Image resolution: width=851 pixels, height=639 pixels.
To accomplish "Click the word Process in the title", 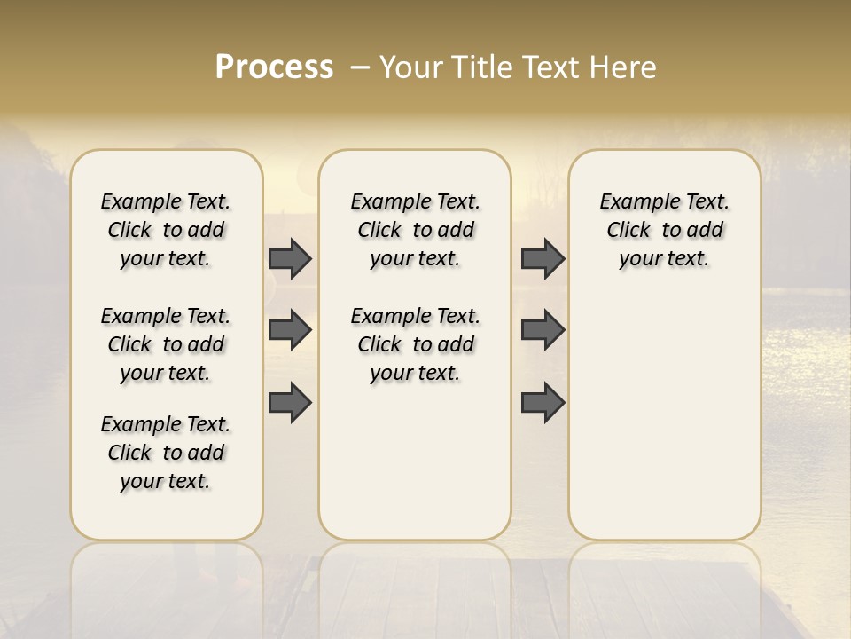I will click(x=274, y=67).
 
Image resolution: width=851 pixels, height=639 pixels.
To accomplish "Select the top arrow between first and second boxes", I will click(x=290, y=259).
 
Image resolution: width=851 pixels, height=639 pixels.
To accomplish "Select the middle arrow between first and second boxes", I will click(x=290, y=331).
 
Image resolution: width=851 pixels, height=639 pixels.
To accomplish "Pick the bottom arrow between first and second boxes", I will click(x=290, y=403).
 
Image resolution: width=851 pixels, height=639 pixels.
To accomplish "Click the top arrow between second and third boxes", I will click(x=543, y=259).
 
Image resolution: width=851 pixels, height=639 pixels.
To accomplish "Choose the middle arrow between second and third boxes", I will click(x=543, y=331).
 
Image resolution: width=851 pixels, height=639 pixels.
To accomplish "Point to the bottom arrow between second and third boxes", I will click(x=543, y=403).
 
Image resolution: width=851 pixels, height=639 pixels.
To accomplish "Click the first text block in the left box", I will click(x=166, y=230).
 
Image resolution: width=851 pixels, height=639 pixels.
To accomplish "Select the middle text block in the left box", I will click(x=166, y=344).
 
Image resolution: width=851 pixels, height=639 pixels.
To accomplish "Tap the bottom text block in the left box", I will click(x=166, y=453).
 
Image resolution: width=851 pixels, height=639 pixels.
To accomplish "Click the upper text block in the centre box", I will click(x=415, y=230).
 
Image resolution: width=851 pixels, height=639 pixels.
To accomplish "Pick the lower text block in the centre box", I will click(x=415, y=344).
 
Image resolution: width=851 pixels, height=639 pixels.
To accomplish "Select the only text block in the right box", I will click(x=664, y=230).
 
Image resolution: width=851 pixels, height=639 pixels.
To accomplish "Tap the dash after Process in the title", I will click(x=360, y=67).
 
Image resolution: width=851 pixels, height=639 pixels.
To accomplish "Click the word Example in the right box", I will click(x=632, y=202).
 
